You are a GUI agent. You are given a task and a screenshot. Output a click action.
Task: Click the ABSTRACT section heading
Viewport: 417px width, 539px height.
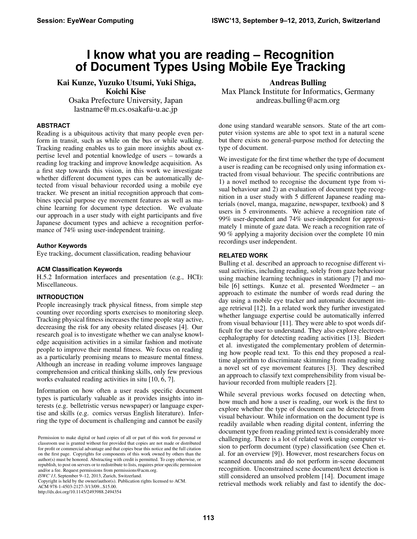point(53,126)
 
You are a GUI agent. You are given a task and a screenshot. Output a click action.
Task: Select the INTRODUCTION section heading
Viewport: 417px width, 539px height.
point(60,297)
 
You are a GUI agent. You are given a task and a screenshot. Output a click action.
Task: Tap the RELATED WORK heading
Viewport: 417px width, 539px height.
point(243,256)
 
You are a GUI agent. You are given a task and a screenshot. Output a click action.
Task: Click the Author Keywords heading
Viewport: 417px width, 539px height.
point(62,246)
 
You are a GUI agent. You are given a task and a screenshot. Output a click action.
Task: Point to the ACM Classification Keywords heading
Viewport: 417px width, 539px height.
point(79,269)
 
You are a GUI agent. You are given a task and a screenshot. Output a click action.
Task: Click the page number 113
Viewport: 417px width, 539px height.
point(208,517)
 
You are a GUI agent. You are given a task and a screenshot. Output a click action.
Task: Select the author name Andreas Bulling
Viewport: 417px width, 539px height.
point(298,83)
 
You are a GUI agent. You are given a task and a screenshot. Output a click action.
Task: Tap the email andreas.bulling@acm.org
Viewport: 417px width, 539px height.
point(298,101)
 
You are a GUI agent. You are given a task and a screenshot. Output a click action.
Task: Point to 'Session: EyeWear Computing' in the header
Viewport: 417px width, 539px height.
point(85,21)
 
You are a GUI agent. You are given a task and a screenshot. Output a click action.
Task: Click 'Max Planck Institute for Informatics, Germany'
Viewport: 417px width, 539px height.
point(298,92)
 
